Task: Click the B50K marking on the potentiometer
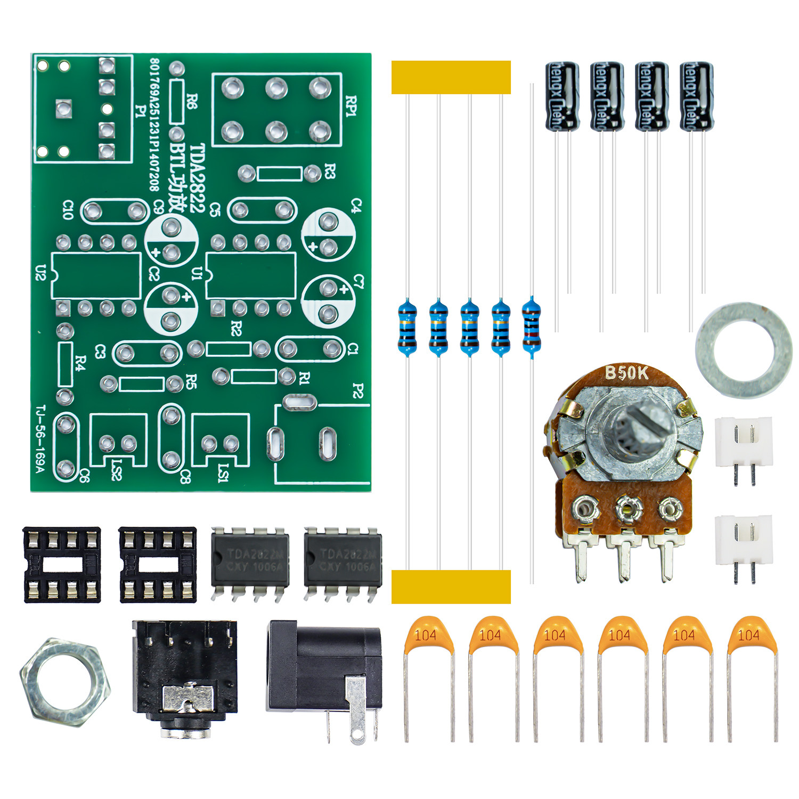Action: tap(626, 373)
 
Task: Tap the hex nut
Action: tap(65, 682)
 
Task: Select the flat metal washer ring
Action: tap(744, 350)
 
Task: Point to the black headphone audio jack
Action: tap(184, 676)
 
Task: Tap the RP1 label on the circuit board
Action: tap(351, 107)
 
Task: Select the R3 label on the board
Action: tap(330, 172)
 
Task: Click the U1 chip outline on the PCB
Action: tap(251, 275)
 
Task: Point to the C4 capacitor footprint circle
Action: tap(328, 234)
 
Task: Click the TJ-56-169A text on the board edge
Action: tap(40, 439)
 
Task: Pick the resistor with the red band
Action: tap(531, 327)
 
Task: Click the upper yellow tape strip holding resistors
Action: tap(451, 77)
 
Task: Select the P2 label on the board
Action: tap(357, 392)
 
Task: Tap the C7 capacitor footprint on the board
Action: tap(328, 301)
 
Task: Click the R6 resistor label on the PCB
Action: tap(192, 101)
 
